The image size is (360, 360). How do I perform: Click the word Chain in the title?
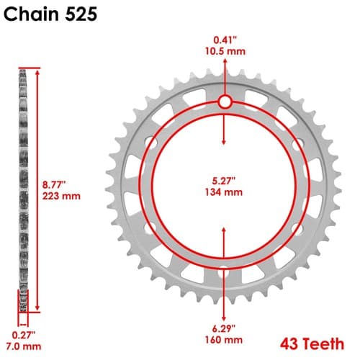(31, 14)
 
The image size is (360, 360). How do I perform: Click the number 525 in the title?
(81, 14)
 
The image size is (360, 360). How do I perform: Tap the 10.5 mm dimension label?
(225, 51)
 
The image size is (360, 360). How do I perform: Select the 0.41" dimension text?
(225, 40)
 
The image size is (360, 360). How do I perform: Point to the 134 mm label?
(224, 192)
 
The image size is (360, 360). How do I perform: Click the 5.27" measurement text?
(224, 181)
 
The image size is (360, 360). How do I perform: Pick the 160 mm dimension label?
(224, 340)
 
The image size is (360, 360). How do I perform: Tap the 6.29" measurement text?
(224, 328)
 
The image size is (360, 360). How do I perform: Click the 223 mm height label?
(61, 196)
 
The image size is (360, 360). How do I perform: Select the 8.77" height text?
(54, 185)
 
